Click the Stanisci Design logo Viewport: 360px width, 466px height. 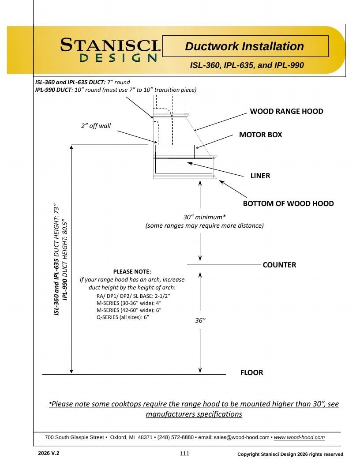pyautogui.click(x=106, y=50)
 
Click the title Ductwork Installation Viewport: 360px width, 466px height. pyautogui.click(x=244, y=46)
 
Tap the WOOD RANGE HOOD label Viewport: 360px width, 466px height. pyautogui.click(x=286, y=111)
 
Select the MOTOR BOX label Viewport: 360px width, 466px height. pyautogui.click(x=260, y=135)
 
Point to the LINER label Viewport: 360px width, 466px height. pyautogui.click(x=260, y=176)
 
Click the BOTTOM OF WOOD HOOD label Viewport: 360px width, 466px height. pyautogui.click(x=288, y=203)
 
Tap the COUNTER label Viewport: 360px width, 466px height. pyautogui.click(x=279, y=265)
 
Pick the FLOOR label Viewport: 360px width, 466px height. pyautogui.click(x=251, y=373)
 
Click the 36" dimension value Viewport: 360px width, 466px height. pyautogui.click(x=200, y=320)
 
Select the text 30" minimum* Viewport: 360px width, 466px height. pyautogui.click(x=204, y=217)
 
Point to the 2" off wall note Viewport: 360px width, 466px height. pyautogui.click(x=96, y=126)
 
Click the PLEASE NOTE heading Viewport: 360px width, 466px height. pyautogui.click(x=132, y=272)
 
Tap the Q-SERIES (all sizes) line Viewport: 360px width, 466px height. pyautogui.click(x=123, y=317)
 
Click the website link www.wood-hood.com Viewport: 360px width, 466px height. pyautogui.click(x=299, y=437)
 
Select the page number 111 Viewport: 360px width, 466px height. pyautogui.click(x=184, y=454)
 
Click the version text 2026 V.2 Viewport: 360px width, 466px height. pyautogui.click(x=49, y=453)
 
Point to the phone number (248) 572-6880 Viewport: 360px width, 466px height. pyautogui.click(x=176, y=437)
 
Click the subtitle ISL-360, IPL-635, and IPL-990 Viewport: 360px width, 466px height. pyautogui.click(x=247, y=65)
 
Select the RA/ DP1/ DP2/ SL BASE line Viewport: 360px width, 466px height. pyautogui.click(x=133, y=296)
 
